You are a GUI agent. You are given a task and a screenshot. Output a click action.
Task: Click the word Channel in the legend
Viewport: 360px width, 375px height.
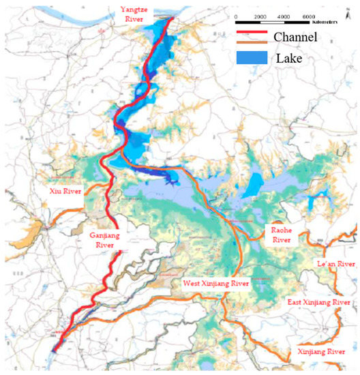(295, 37)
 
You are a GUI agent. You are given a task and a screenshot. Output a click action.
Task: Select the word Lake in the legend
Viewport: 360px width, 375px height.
(288, 59)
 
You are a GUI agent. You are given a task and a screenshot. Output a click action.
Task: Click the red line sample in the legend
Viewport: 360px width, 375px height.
(250, 35)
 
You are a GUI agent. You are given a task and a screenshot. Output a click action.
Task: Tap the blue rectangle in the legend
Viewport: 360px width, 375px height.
(251, 59)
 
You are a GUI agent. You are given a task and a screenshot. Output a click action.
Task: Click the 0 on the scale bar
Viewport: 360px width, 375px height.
(235, 16)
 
